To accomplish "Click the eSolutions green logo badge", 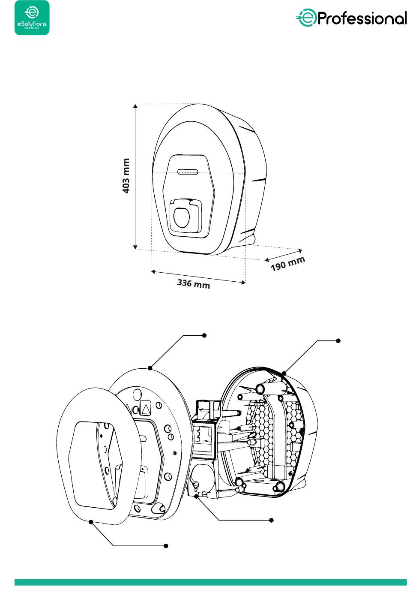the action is tap(32, 18).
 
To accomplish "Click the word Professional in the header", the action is tap(362, 18).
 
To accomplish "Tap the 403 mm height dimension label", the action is tap(126, 176).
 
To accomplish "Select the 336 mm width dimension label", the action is tap(194, 283).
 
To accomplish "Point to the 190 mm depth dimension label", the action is tap(288, 263).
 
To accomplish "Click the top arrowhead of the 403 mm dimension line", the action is tap(135, 106).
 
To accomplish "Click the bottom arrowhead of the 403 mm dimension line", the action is tap(135, 247).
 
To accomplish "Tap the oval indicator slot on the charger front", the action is tap(188, 171).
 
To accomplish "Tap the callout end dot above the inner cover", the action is tap(204, 335).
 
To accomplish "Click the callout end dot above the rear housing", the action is tap(338, 341).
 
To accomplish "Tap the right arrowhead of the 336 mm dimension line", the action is tap(243, 282).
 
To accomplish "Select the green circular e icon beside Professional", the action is tap(306, 18).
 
